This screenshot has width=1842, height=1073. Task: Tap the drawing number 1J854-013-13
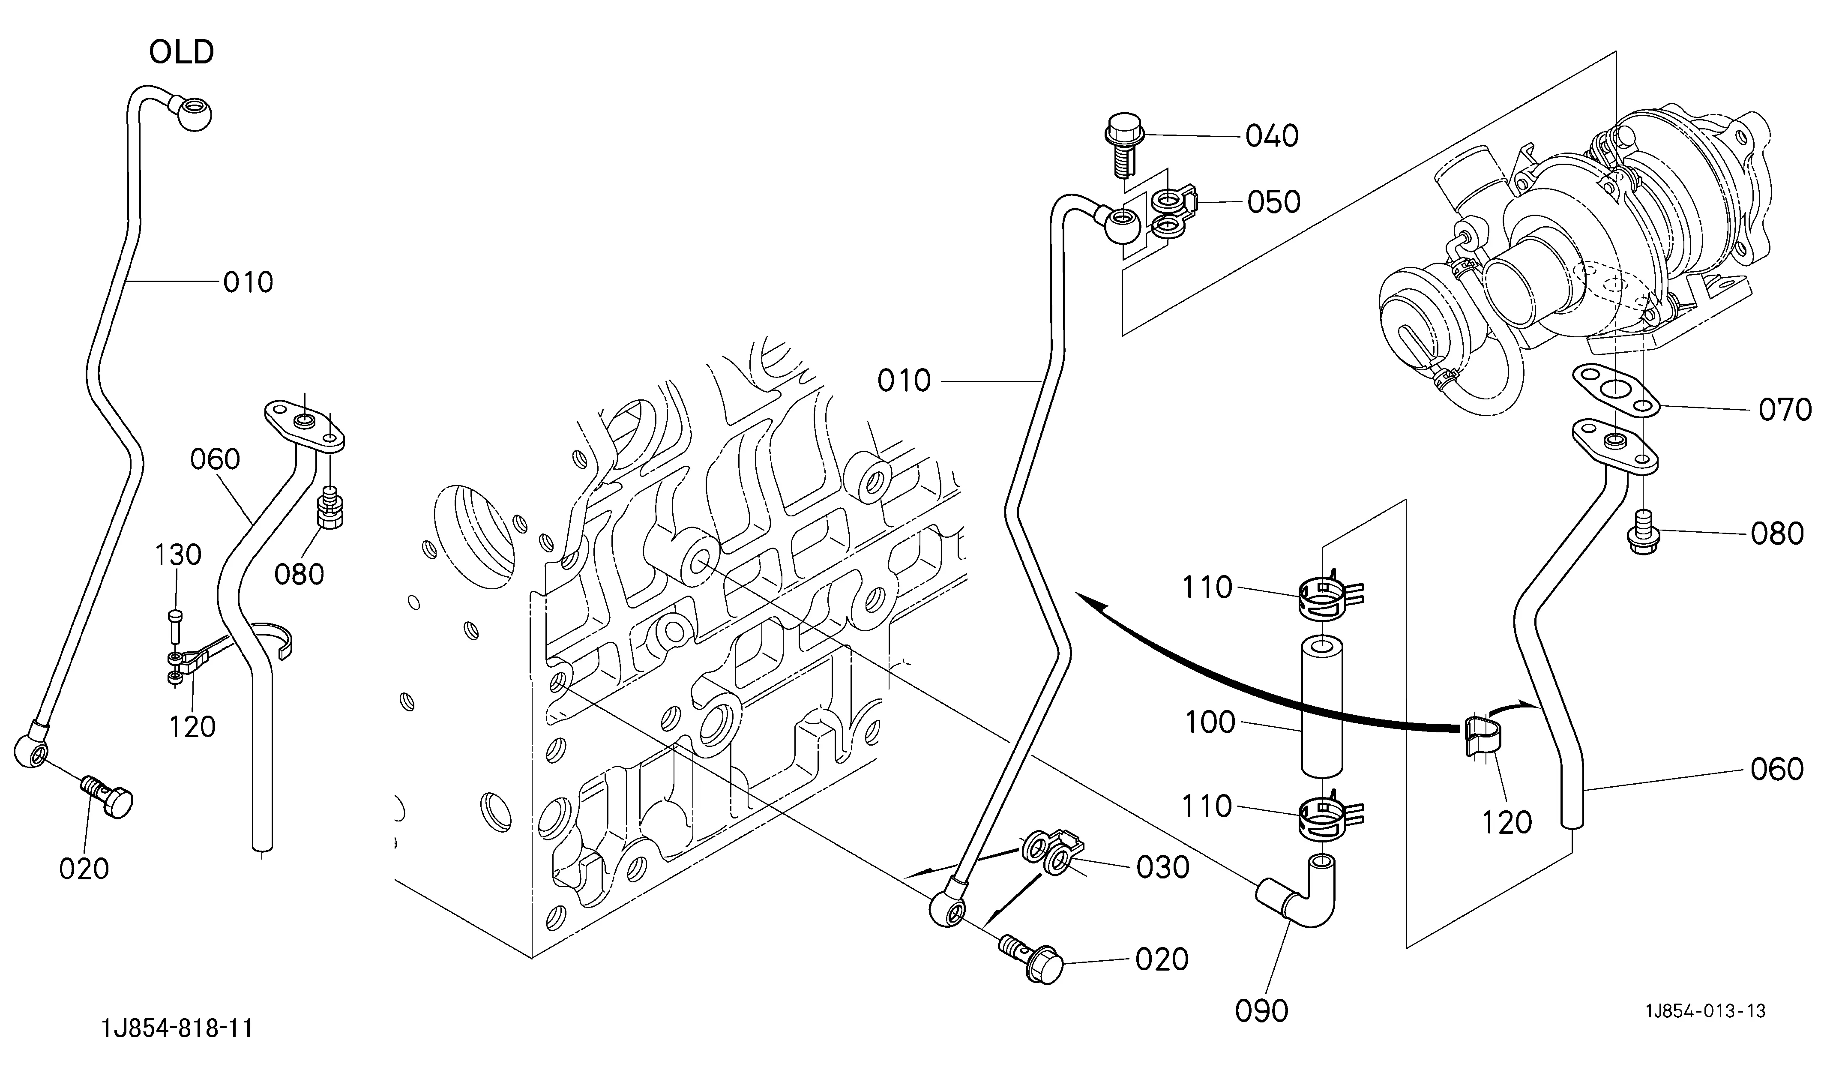coord(1705,1011)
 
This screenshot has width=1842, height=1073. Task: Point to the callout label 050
coord(1274,202)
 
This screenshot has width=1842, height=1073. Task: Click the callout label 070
coord(1785,410)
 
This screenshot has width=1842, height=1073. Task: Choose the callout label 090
coord(1261,1011)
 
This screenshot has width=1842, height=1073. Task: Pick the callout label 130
coord(178,555)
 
